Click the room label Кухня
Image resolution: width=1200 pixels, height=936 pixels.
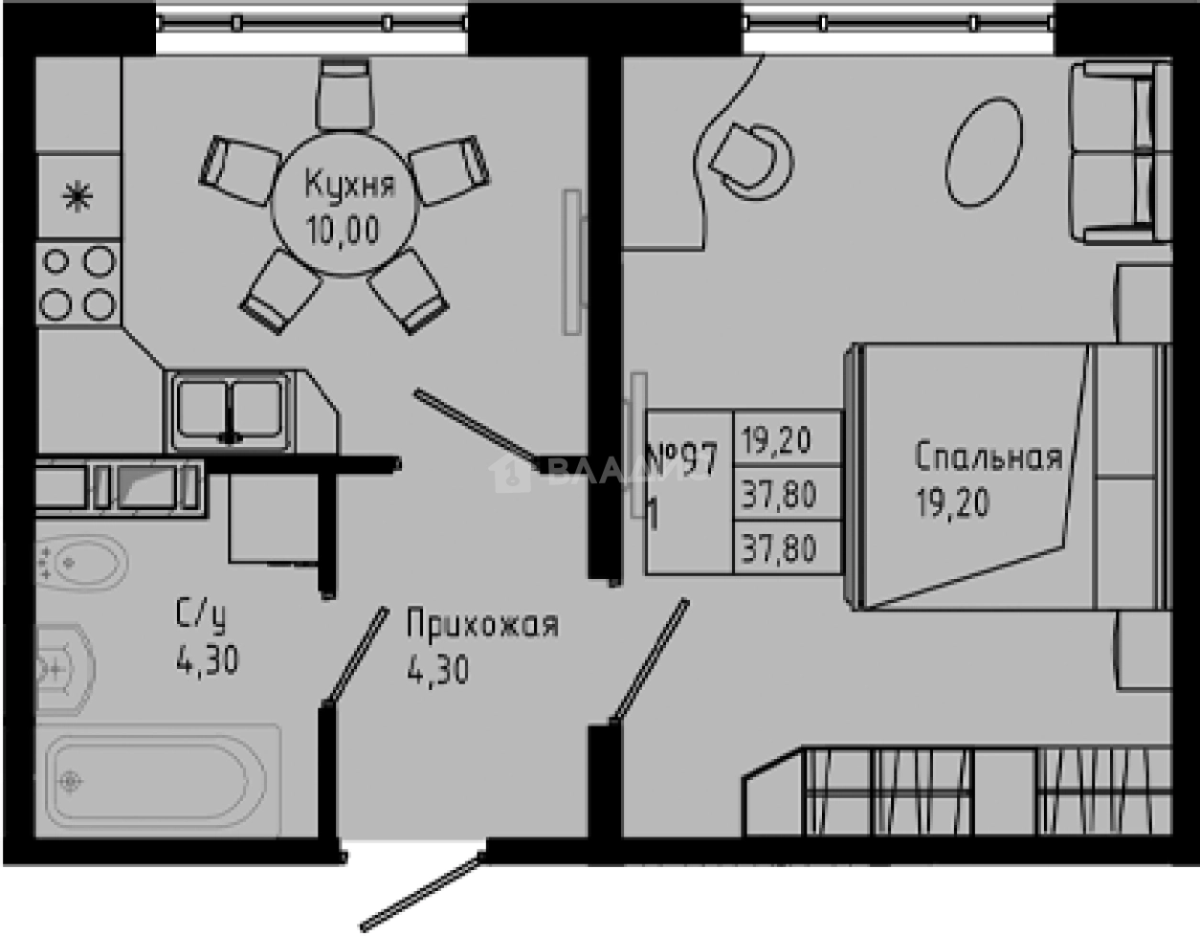[x=349, y=184]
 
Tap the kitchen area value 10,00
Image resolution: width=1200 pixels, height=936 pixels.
[x=342, y=230]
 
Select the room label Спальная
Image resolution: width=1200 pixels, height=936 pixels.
[x=989, y=457]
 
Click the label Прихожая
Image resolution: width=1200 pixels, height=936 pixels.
[x=481, y=625]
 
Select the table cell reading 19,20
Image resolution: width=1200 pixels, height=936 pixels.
[x=777, y=440]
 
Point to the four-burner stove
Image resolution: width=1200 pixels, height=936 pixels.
[x=78, y=282]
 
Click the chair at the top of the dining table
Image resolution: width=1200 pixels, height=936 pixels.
[x=344, y=94]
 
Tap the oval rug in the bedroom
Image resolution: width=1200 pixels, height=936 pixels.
[x=984, y=148]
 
